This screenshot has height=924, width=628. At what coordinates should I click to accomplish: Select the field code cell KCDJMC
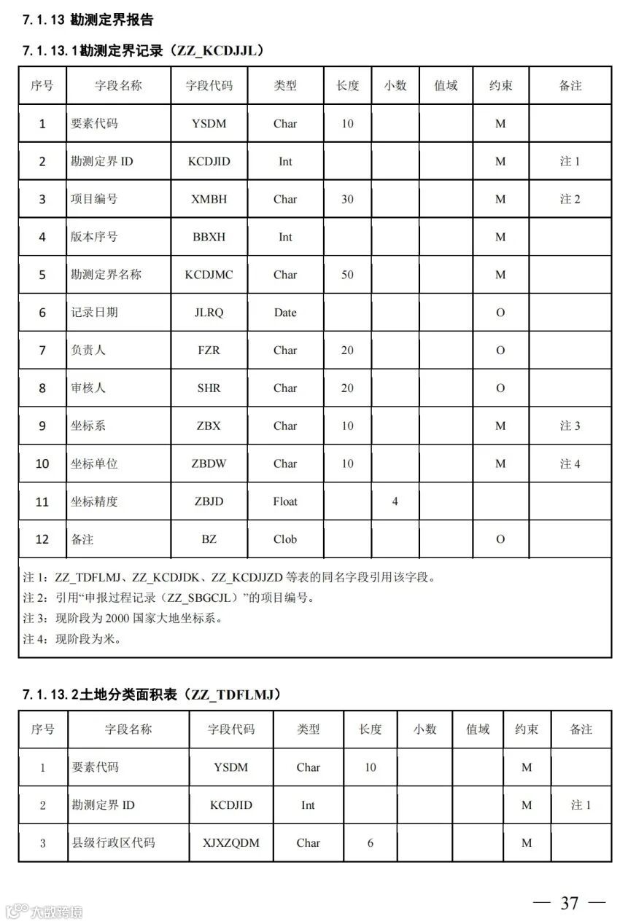(x=209, y=275)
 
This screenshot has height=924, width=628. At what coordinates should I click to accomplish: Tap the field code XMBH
(x=209, y=199)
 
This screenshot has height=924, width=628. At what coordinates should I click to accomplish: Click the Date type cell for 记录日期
(x=285, y=313)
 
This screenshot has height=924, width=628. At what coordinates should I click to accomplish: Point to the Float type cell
(x=285, y=501)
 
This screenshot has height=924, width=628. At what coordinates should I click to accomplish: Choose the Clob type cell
(x=285, y=539)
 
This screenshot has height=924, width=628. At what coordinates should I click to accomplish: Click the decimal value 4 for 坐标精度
(x=395, y=501)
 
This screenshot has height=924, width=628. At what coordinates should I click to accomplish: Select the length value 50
(x=347, y=275)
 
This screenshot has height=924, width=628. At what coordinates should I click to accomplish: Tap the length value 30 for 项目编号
(x=347, y=199)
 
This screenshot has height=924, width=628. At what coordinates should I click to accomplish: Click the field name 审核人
(x=88, y=388)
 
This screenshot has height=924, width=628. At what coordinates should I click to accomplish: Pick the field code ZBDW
(x=209, y=463)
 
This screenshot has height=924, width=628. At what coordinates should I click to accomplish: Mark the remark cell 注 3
(x=570, y=426)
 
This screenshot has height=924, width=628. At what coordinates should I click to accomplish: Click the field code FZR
(x=209, y=351)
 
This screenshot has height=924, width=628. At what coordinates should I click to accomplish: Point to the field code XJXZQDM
(x=230, y=843)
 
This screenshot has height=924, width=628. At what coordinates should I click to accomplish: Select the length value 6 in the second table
(x=371, y=843)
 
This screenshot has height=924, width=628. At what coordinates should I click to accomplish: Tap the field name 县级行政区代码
(x=113, y=843)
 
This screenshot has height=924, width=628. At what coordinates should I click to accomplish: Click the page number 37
(x=570, y=903)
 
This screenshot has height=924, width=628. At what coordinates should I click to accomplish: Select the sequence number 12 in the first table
(x=42, y=539)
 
